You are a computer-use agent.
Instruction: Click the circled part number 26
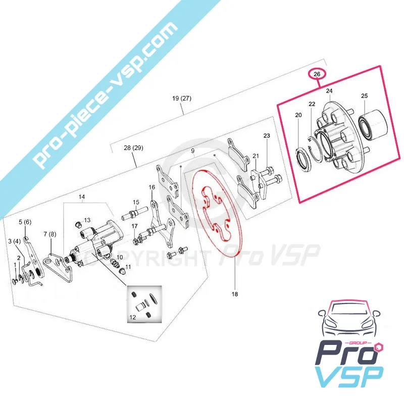(x=317, y=74)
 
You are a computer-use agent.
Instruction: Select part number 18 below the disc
(x=235, y=294)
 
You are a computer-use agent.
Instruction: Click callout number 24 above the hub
(x=329, y=91)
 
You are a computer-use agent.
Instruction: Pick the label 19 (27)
(x=182, y=98)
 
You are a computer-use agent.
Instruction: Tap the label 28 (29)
(x=133, y=148)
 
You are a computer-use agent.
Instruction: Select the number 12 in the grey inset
(x=132, y=317)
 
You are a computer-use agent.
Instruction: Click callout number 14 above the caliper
(x=82, y=197)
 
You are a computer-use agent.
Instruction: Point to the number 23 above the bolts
(x=267, y=135)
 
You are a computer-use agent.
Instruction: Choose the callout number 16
(x=152, y=187)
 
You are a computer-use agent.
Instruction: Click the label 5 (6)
(x=25, y=222)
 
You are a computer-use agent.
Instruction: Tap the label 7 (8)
(x=49, y=234)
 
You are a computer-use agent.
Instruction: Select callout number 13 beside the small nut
(x=87, y=220)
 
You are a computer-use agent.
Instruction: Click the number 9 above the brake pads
(x=193, y=151)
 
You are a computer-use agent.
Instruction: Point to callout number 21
(x=256, y=156)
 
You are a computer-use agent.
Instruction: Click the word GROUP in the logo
(x=361, y=343)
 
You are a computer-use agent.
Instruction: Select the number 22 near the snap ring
(x=312, y=104)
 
